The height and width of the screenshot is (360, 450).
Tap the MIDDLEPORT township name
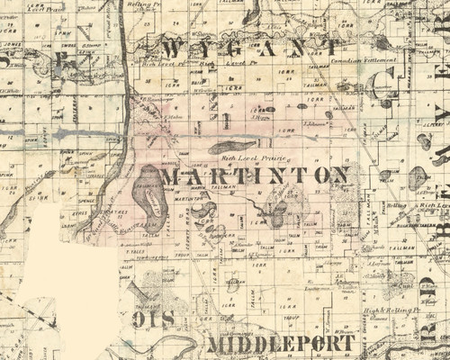coord(279,344)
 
